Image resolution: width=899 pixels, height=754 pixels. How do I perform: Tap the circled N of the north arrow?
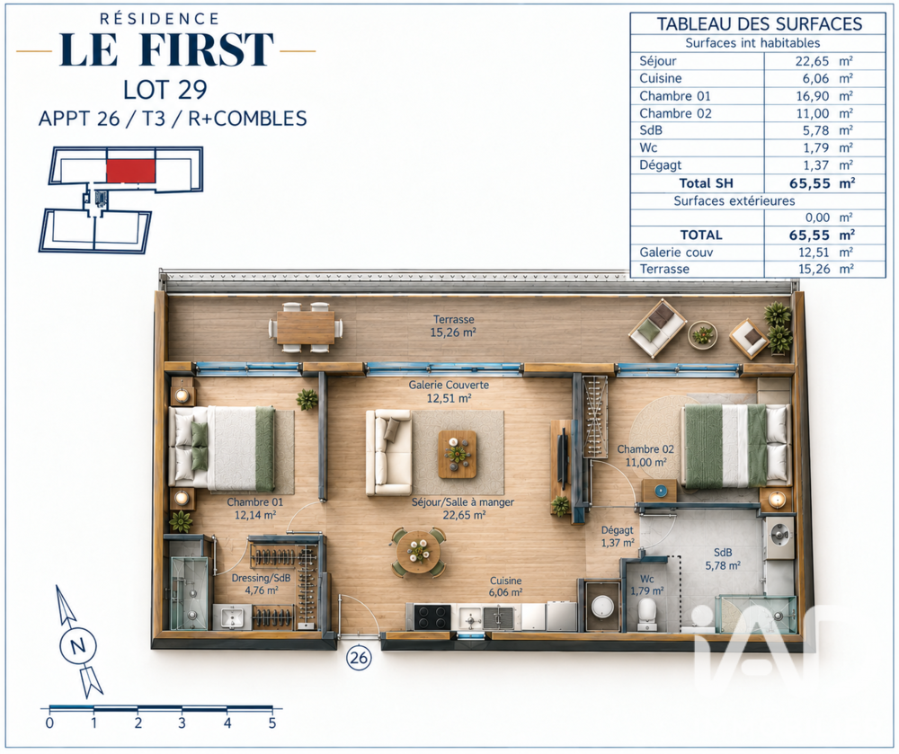[78, 646]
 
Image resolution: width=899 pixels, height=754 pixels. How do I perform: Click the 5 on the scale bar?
[271, 723]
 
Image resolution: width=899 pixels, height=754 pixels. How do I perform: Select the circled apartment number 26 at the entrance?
[359, 657]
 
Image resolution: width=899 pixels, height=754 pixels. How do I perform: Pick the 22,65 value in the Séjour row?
[812, 61]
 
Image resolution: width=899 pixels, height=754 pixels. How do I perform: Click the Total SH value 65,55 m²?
[822, 183]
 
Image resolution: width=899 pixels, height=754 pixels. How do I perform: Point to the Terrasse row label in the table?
[664, 269]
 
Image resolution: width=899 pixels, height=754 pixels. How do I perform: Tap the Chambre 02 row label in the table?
[675, 113]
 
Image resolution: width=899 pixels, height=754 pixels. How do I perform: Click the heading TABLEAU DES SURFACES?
[759, 24]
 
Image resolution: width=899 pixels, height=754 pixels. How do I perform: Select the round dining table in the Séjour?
[419, 552]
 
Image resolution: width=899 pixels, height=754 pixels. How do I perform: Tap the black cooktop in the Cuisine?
[432, 617]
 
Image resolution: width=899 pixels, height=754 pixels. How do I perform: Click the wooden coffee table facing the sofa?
[457, 455]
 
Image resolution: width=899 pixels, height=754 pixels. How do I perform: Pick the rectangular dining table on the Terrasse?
[305, 327]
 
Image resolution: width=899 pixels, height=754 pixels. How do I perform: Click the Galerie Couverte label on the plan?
[449, 385]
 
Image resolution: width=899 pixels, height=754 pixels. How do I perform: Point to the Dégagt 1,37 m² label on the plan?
[618, 537]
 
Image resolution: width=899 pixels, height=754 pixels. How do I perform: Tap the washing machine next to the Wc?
[602, 607]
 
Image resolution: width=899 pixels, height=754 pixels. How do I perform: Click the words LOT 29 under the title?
[165, 90]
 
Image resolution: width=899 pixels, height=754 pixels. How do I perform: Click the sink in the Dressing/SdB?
[232, 617]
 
